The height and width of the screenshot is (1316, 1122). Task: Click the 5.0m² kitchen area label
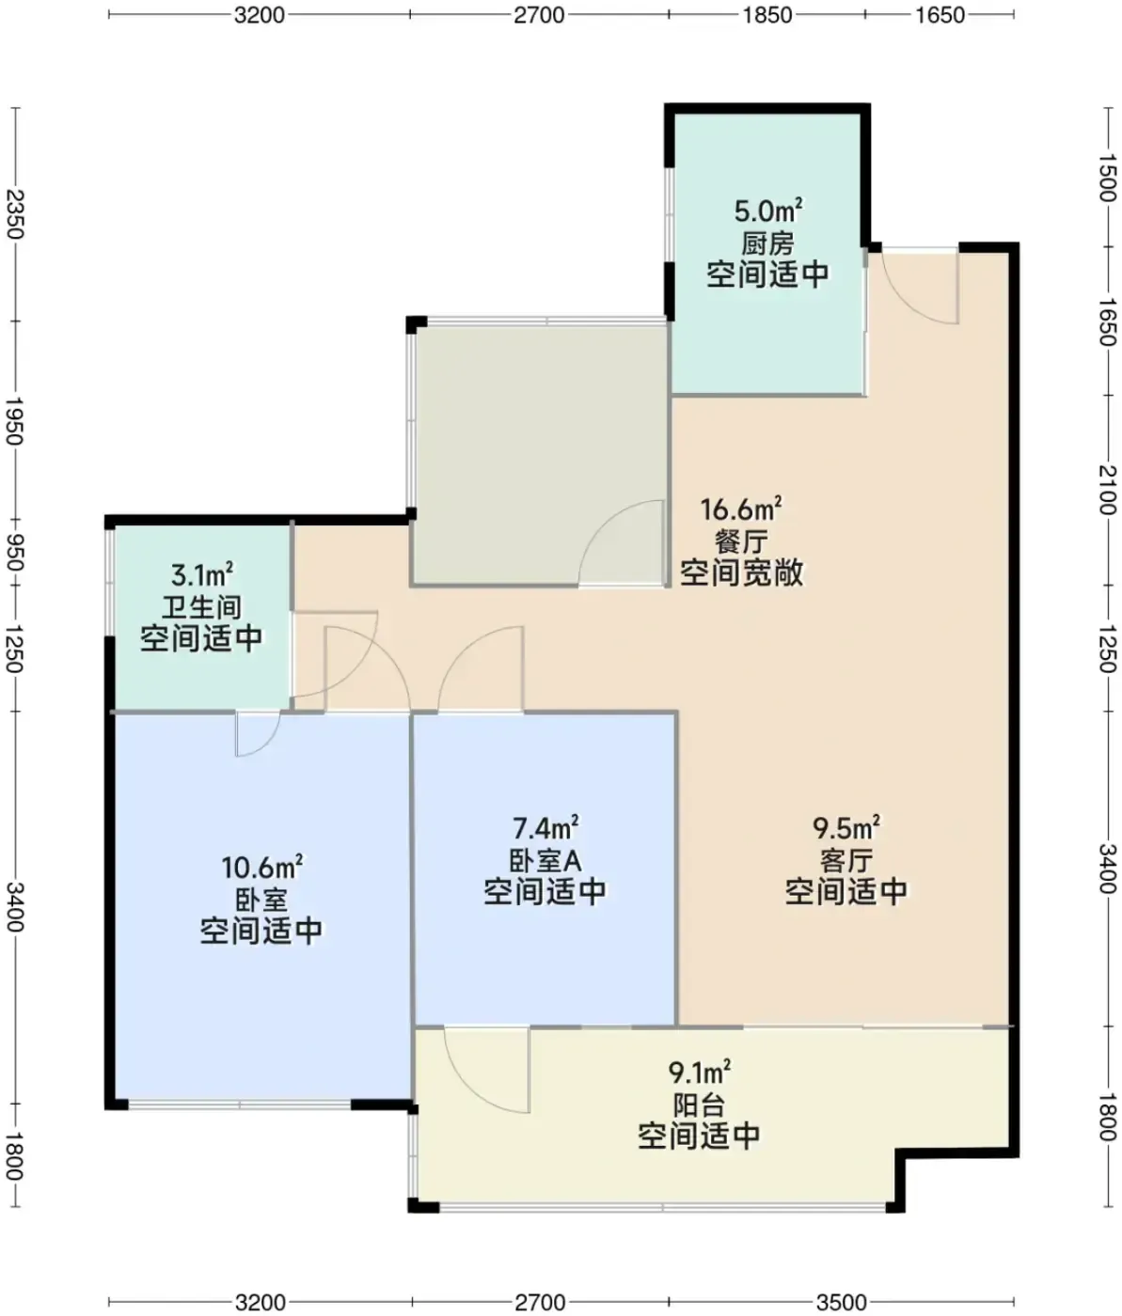[x=767, y=211]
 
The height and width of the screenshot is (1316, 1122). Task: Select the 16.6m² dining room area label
[x=740, y=509]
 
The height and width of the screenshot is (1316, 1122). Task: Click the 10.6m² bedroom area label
[x=261, y=867]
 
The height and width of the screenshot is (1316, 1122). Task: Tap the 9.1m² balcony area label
[x=699, y=1073]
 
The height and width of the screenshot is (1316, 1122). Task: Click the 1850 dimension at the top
[x=767, y=15]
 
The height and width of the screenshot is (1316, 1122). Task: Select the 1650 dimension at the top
[x=940, y=15]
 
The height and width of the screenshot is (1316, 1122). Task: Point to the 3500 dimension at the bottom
[x=842, y=1302]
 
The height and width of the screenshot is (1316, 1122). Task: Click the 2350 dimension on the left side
[x=14, y=214]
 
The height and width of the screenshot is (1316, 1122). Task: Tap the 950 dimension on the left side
[x=14, y=554]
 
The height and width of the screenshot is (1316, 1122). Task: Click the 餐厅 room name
[x=740, y=541]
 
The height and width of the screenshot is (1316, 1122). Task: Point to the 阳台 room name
[x=699, y=1105]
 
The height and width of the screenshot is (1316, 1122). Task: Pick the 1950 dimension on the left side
[x=14, y=421]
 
